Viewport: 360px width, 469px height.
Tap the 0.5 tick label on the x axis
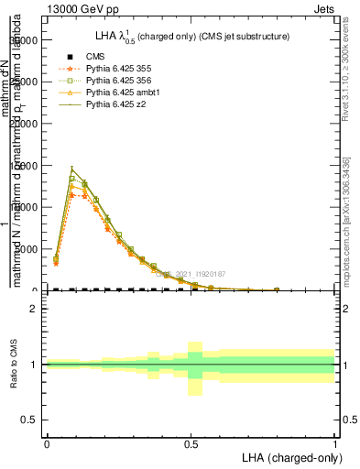click(x=191, y=442)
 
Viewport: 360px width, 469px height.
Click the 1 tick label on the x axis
click(x=334, y=442)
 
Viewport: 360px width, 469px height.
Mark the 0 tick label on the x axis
click(x=47, y=442)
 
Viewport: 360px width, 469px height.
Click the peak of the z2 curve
click(x=71, y=169)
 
